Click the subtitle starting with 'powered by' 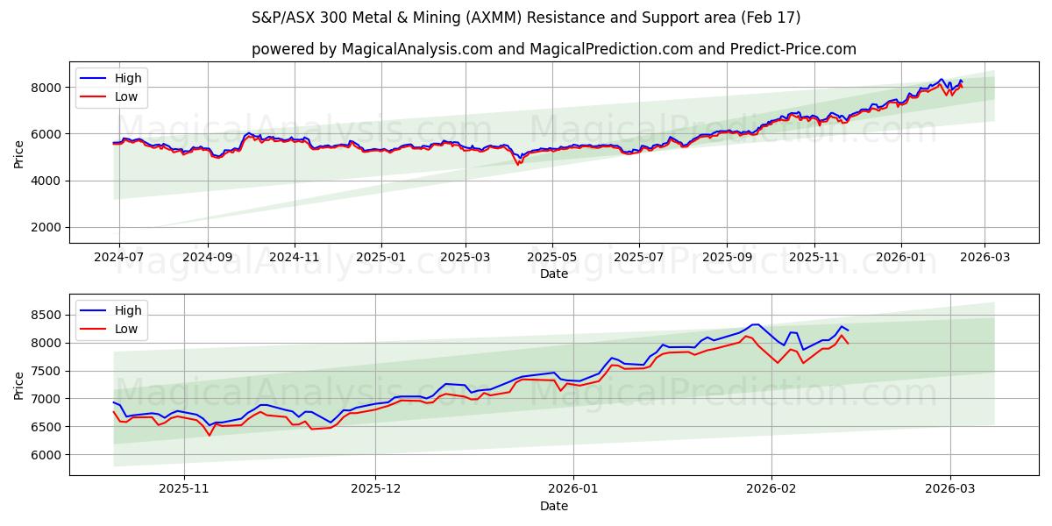553,49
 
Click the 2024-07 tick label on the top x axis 118,257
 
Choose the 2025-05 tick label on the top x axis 551,257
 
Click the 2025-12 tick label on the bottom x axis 375,489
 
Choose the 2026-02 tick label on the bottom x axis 772,489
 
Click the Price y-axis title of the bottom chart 19,384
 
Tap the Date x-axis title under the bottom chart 553,506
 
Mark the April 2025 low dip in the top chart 518,164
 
